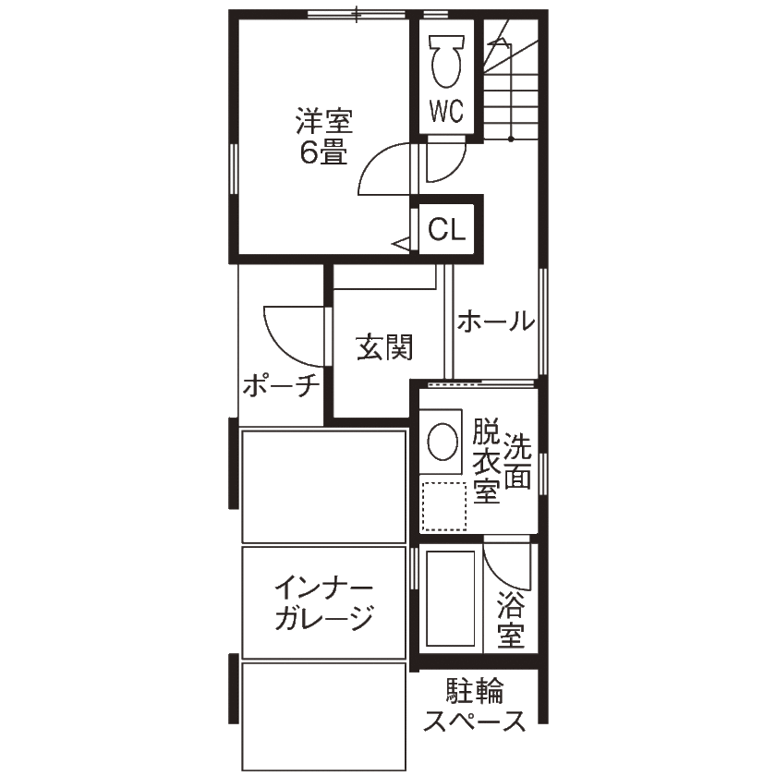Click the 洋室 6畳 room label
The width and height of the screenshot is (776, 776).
[x=324, y=136]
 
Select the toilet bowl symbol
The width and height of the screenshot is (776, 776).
[x=447, y=61]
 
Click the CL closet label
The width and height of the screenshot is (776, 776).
[x=446, y=230]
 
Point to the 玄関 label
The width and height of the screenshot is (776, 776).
[x=384, y=347]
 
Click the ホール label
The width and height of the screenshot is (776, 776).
[x=496, y=321]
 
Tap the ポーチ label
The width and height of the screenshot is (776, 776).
[x=281, y=385]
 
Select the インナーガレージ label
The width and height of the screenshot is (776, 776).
[x=324, y=602]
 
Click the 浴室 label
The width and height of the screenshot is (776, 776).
[x=511, y=619]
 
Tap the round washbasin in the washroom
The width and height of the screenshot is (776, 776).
[x=442, y=441]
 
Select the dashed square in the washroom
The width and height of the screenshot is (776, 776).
[x=444, y=506]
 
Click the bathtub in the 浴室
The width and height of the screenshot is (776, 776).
[x=451, y=599]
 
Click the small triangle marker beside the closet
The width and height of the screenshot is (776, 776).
[x=401, y=244]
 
